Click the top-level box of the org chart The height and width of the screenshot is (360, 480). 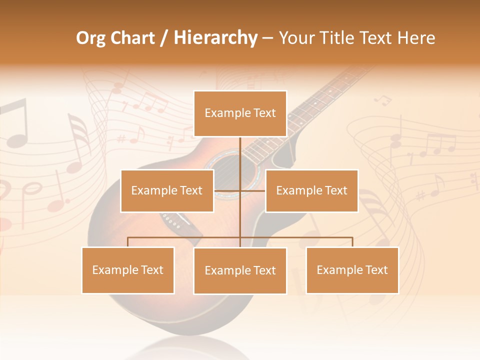click(240, 113)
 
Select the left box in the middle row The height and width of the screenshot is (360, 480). click(167, 190)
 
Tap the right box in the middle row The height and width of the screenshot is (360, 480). click(311, 190)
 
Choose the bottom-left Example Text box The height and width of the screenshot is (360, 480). click(128, 270)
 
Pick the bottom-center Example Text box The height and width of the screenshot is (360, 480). click(240, 270)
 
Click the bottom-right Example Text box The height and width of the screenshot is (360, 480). click(352, 270)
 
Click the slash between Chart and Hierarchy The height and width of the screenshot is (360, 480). click(164, 38)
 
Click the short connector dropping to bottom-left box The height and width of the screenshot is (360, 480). click(128, 242)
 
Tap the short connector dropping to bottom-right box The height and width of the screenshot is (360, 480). click(352, 242)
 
